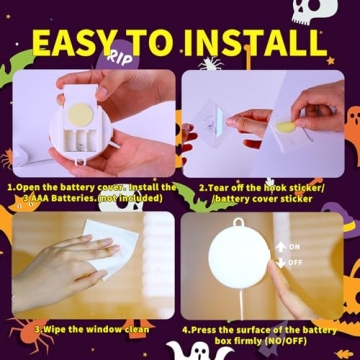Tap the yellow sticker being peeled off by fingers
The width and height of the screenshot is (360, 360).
(x=284, y=127)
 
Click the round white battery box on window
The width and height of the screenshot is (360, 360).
(x=238, y=261)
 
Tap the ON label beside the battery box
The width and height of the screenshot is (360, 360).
(x=294, y=246)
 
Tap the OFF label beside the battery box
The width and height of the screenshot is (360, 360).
(x=294, y=262)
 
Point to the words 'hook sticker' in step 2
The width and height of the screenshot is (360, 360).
(x=296, y=187)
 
